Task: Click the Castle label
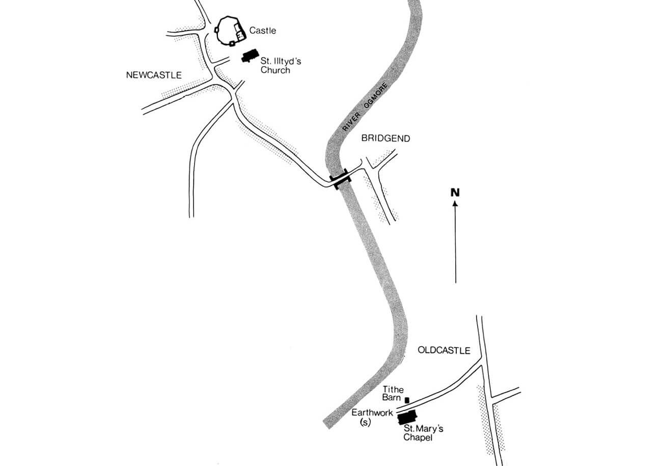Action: click(x=262, y=31)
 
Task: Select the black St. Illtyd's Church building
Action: click(x=250, y=56)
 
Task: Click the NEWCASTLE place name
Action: click(x=154, y=75)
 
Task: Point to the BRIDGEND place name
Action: click(x=385, y=139)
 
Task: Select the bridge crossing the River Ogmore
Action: click(x=341, y=179)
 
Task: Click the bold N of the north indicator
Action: click(x=455, y=193)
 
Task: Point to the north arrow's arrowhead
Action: click(x=455, y=204)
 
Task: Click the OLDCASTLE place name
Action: click(x=444, y=350)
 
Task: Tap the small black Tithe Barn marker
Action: click(x=407, y=400)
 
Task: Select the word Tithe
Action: click(x=393, y=390)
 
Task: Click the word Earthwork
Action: click(x=372, y=413)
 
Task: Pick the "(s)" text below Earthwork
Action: click(x=365, y=423)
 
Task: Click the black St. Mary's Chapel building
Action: click(x=407, y=418)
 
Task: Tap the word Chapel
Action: click(x=418, y=437)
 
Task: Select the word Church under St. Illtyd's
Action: click(x=275, y=70)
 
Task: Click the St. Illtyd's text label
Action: click(x=281, y=61)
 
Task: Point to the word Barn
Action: click(x=391, y=397)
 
